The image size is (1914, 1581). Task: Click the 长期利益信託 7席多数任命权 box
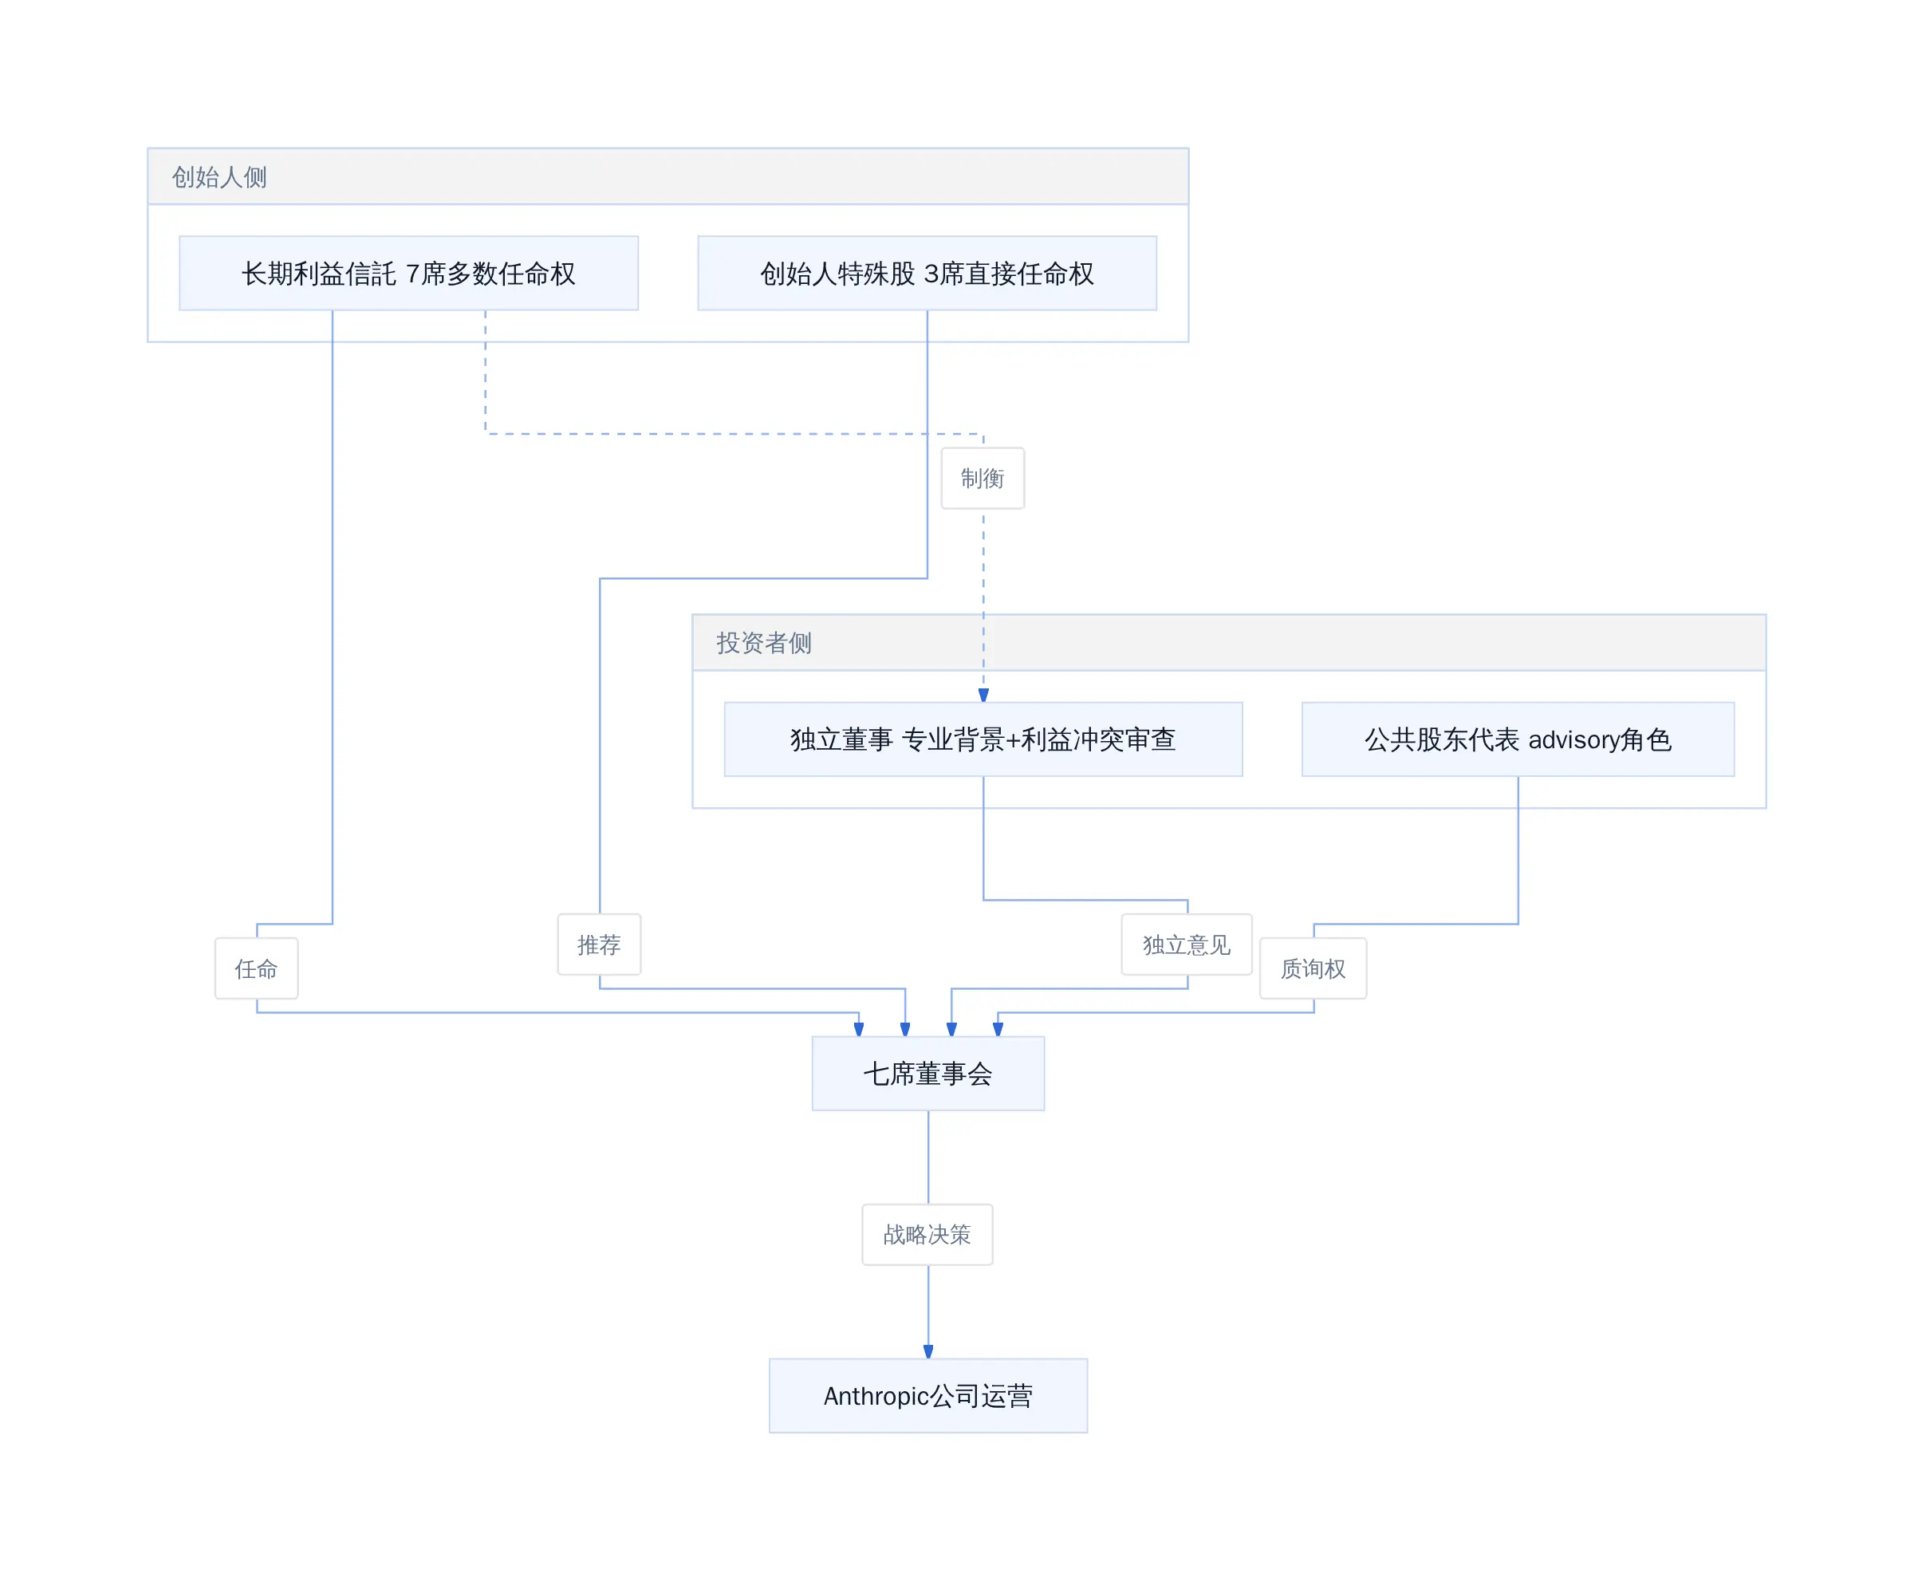[408, 274]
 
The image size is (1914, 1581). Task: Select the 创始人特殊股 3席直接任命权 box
[927, 274]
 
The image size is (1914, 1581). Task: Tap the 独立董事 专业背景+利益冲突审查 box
[983, 739]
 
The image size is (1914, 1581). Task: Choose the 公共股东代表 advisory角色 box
[1518, 739]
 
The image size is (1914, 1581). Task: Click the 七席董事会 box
[927, 1074]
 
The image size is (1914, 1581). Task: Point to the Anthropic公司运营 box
[927, 1396]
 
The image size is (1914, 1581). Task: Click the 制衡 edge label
[983, 478]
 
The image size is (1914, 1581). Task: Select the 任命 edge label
[256, 969]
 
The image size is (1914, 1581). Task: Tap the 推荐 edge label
[599, 944]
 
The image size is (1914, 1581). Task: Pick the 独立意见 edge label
[1187, 944]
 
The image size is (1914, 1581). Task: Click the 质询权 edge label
[1313, 969]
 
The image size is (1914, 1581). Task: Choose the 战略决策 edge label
[927, 1235]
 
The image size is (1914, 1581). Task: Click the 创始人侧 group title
[219, 176]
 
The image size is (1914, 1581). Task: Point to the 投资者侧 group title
[764, 643]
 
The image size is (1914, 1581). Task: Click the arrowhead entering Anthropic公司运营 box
[927, 1351]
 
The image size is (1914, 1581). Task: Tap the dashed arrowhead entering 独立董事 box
[983, 695]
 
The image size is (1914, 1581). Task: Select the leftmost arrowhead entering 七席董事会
[859, 1029]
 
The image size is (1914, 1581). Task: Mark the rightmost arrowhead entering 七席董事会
[998, 1029]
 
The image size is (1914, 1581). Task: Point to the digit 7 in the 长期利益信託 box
[412, 274]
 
